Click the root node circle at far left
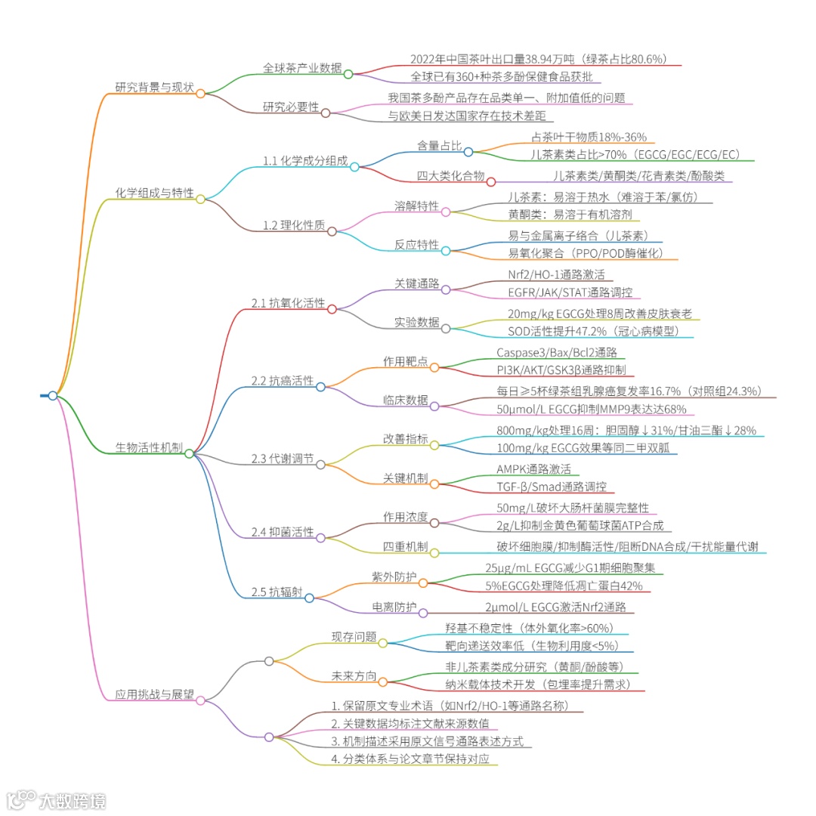53,395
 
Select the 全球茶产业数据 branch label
301,67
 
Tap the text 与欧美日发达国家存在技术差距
471,116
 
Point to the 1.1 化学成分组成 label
305,160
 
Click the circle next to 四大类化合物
490,181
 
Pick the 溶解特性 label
416,206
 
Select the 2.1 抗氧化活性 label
289,303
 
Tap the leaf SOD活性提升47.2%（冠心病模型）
600,331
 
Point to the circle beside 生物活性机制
189,453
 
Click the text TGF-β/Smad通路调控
551,487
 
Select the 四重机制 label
406,546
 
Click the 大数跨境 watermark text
73,799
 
